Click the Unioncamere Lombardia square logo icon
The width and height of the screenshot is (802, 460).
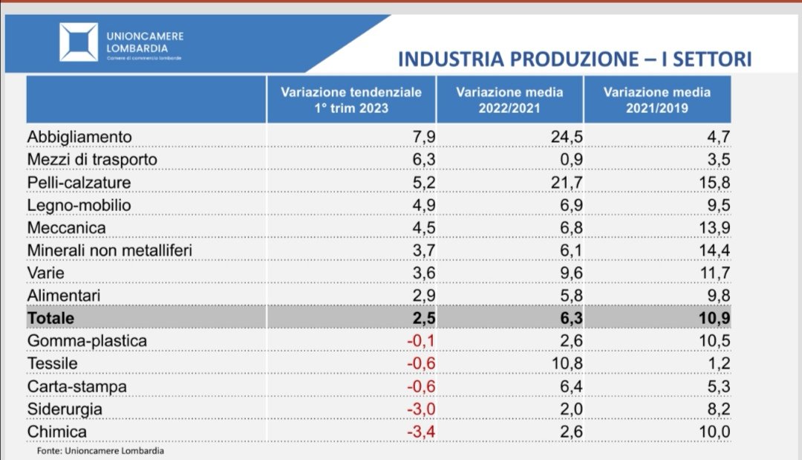79,42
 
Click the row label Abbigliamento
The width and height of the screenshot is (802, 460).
79,137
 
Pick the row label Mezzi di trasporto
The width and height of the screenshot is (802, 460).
92,159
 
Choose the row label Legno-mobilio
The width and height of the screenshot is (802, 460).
79,204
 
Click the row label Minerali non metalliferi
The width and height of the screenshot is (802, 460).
110,250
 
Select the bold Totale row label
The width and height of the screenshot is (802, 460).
50,318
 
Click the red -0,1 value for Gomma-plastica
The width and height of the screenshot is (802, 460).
421,341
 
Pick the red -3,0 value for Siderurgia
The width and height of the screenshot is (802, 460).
421,409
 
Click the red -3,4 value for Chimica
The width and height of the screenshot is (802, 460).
421,432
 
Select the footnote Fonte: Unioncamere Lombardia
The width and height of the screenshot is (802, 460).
100,450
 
